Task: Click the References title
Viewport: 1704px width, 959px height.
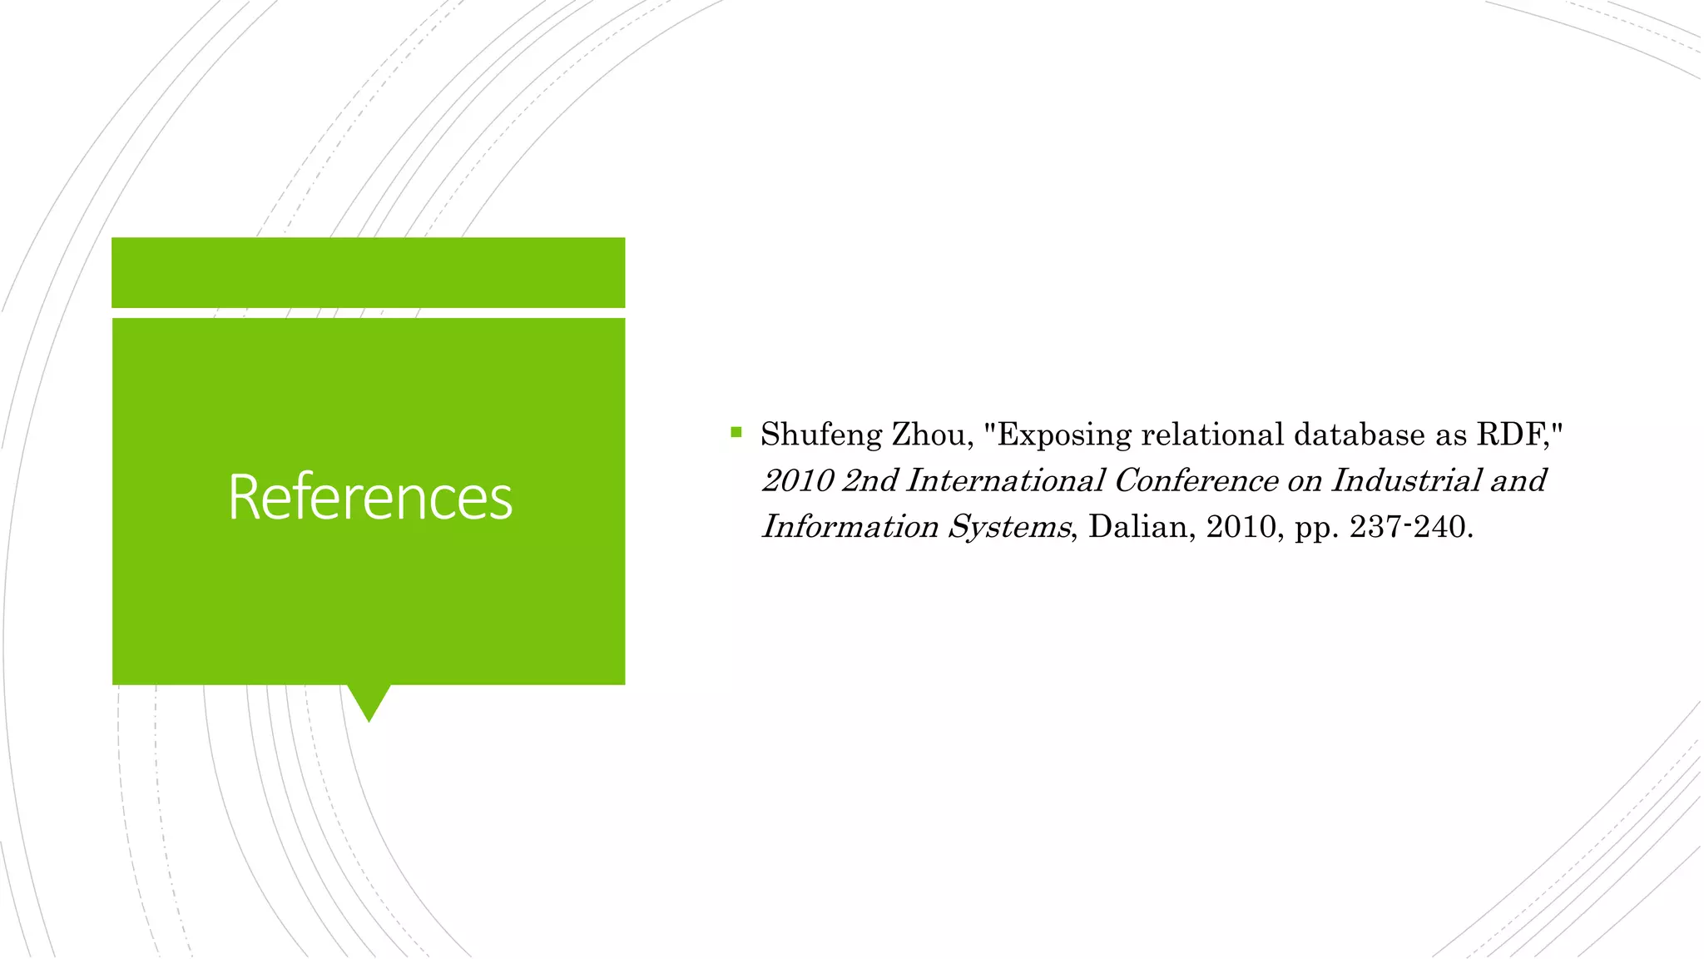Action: point(370,497)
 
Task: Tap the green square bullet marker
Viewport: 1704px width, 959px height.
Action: point(736,432)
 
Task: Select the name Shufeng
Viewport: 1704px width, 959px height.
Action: point(820,435)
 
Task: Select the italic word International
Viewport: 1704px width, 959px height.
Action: point(1005,481)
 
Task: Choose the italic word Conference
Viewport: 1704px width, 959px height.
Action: point(1196,481)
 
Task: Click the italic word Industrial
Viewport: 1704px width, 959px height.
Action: point(1406,481)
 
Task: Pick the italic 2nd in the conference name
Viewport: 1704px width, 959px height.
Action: point(869,481)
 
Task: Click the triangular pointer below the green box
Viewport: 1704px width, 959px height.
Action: point(369,701)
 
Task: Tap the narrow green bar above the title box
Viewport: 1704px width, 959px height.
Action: point(369,272)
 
